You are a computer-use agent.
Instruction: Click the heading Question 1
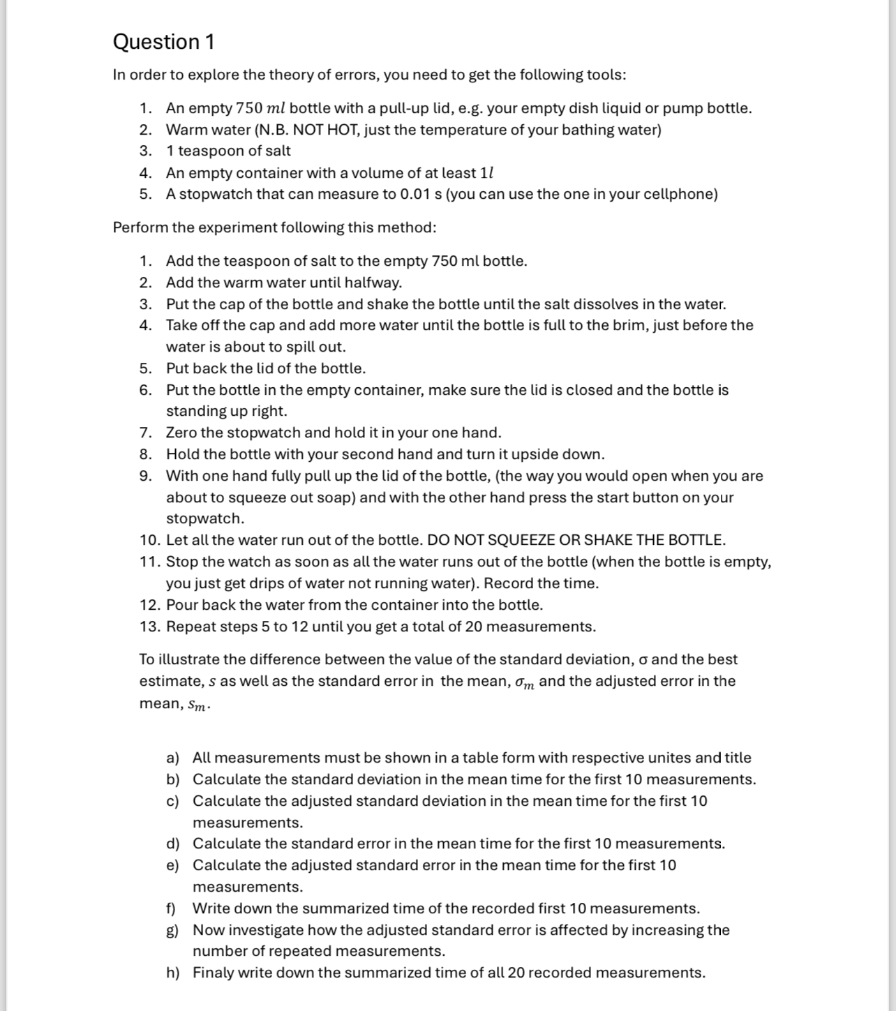163,42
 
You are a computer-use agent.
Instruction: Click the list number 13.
149,627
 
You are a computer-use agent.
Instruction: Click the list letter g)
172,930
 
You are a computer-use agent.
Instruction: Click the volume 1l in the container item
487,173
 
